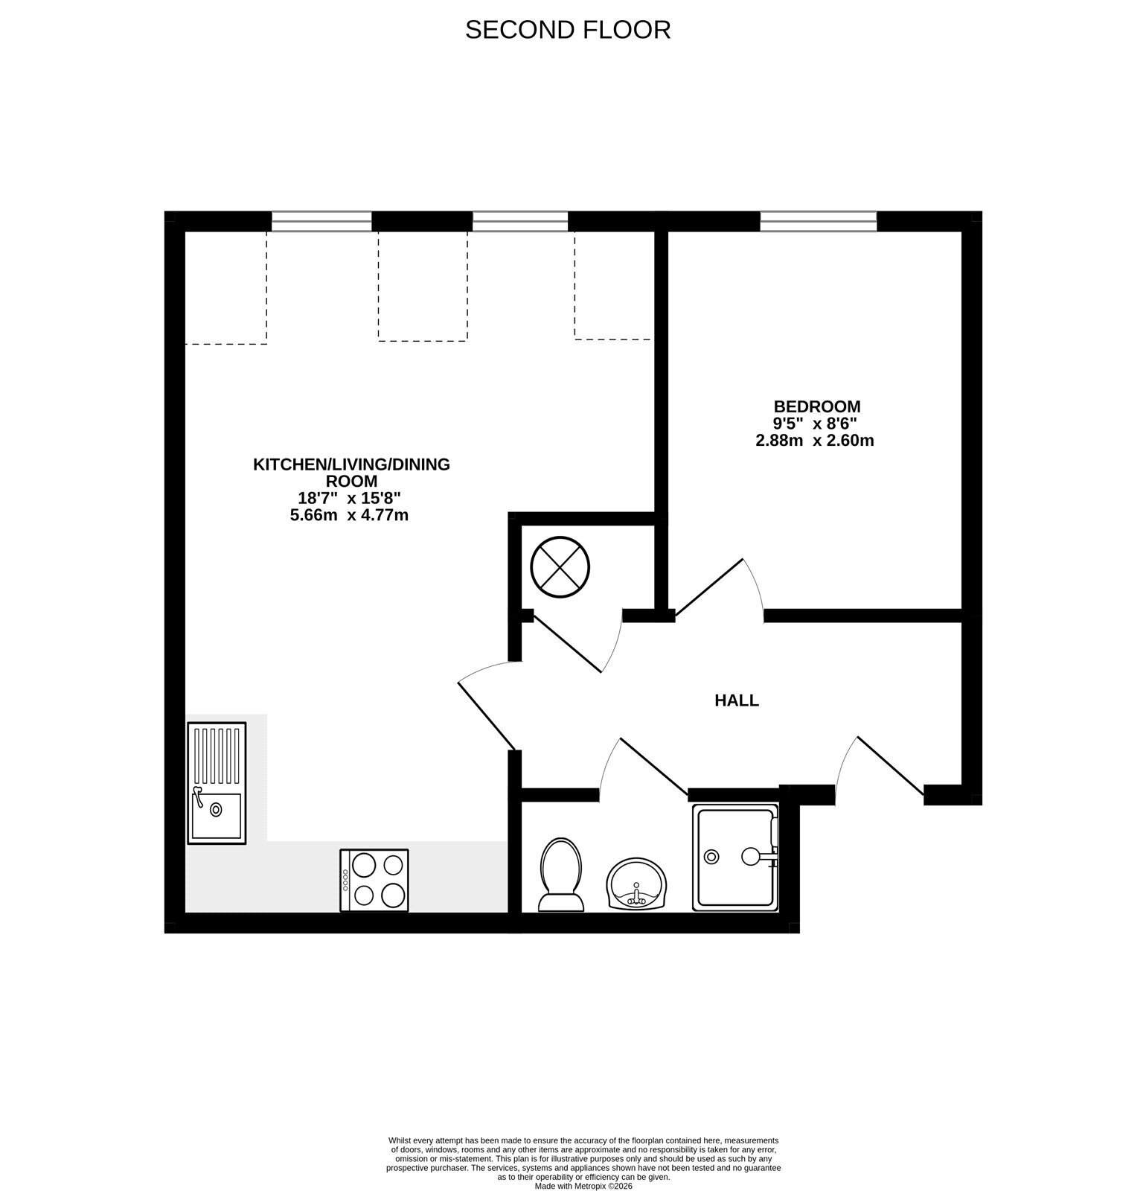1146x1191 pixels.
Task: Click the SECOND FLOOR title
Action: click(x=568, y=30)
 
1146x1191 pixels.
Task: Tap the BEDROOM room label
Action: click(x=817, y=406)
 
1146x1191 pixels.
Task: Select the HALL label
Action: click(x=737, y=700)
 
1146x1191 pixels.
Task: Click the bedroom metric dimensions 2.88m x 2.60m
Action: click(x=814, y=440)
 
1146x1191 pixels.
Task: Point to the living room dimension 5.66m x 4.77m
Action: click(x=349, y=514)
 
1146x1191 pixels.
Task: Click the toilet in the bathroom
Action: click(x=562, y=875)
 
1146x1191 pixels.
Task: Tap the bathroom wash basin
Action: click(x=638, y=884)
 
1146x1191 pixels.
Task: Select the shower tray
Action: click(x=735, y=858)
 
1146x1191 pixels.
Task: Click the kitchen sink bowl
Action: click(x=217, y=815)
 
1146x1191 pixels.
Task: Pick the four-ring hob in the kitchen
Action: click(x=374, y=880)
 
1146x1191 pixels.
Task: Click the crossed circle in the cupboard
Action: click(x=560, y=566)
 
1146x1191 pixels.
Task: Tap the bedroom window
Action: click(x=818, y=221)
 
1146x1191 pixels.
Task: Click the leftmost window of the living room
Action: click(x=321, y=221)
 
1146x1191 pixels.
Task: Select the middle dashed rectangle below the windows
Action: click(x=423, y=286)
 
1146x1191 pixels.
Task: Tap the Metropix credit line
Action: click(x=583, y=1186)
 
